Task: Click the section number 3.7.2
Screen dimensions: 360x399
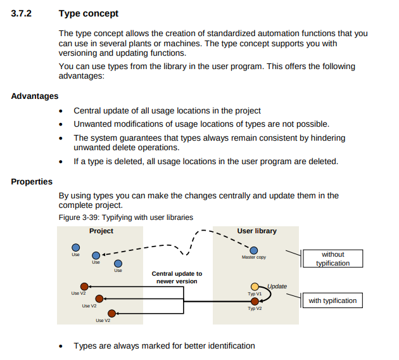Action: tap(23, 13)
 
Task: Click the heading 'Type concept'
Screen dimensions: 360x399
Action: tap(88, 13)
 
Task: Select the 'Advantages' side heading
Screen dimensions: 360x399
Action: tap(35, 96)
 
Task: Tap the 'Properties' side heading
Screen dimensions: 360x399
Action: tap(32, 182)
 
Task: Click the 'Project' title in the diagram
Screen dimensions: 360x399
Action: tap(101, 231)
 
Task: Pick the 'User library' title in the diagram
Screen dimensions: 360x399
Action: tap(256, 231)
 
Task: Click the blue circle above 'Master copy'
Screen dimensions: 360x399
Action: tap(254, 250)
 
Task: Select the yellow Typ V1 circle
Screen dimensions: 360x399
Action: tap(255, 287)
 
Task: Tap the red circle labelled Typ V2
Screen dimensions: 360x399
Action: tap(255, 301)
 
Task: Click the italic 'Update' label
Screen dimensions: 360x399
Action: tap(277, 286)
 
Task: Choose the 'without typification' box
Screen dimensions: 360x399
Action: tap(332, 259)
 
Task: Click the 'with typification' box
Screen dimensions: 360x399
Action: tap(332, 300)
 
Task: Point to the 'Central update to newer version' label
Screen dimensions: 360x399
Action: tap(177, 278)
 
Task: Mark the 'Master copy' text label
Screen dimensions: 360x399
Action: tap(254, 258)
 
